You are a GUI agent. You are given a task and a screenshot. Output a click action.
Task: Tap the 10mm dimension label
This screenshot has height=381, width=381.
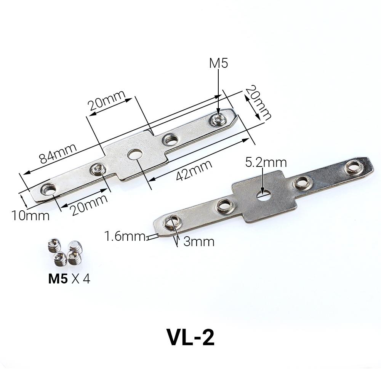[x=30, y=215]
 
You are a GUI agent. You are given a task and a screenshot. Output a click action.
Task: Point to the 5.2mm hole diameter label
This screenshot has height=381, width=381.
[x=266, y=163]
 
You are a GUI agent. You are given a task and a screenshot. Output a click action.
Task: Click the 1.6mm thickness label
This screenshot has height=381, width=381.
[x=125, y=237]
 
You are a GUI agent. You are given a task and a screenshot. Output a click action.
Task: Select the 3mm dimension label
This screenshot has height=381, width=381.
[x=199, y=241]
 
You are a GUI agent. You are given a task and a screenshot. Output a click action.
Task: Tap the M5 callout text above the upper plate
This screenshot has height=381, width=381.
[x=218, y=63]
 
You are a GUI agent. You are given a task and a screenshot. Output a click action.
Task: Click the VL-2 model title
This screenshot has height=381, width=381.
[x=190, y=337]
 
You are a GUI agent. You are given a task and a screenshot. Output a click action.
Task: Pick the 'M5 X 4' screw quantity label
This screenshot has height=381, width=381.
[x=69, y=279]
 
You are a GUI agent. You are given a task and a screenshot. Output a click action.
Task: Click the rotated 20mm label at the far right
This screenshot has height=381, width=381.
[x=258, y=102]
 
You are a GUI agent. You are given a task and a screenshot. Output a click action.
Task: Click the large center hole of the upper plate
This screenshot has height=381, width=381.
[x=134, y=154]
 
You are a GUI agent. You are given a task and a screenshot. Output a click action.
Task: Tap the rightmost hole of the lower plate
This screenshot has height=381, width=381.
[x=352, y=167]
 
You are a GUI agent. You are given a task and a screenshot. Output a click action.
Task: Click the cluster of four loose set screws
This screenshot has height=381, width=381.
[x=64, y=252]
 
